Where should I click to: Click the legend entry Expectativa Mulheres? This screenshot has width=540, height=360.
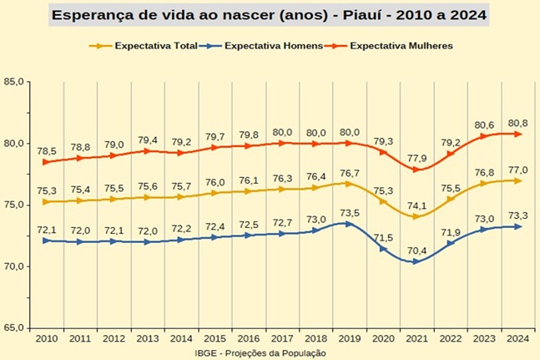(x=402, y=46)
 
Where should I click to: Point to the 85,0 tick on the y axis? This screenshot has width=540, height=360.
(x=14, y=82)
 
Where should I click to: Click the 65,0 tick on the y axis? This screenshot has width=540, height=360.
(x=14, y=327)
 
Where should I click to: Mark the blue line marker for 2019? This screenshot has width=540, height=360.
(x=349, y=223)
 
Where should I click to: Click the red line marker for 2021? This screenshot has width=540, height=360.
(x=416, y=170)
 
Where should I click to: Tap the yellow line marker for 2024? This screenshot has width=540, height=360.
(x=517, y=180)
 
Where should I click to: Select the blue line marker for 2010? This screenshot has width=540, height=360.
(x=47, y=241)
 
